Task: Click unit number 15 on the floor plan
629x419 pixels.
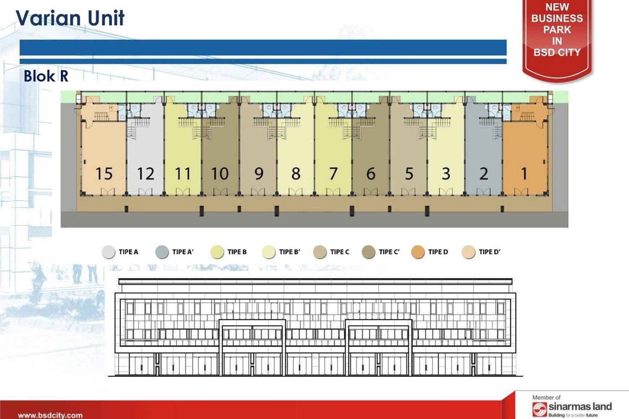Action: (104, 173)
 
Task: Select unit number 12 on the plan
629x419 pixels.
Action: (146, 173)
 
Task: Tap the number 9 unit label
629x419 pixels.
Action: (259, 173)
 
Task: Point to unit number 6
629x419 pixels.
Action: (371, 173)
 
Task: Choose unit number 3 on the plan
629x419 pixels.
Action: (446, 173)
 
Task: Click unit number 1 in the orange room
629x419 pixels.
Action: (524, 173)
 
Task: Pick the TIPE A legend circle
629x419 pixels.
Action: (108, 252)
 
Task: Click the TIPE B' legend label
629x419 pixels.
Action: (289, 252)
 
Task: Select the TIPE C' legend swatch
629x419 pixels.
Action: (368, 252)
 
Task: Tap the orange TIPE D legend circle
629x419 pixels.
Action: (418, 252)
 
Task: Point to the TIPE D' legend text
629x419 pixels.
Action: (489, 252)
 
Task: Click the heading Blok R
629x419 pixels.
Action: (46, 76)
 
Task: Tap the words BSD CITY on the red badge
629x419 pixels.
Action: (557, 52)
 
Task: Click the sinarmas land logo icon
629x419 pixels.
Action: (540, 409)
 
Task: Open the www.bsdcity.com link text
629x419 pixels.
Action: (50, 415)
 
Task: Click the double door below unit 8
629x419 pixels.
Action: (295, 191)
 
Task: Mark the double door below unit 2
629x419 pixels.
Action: (483, 191)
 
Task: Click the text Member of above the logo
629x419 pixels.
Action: (546, 397)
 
